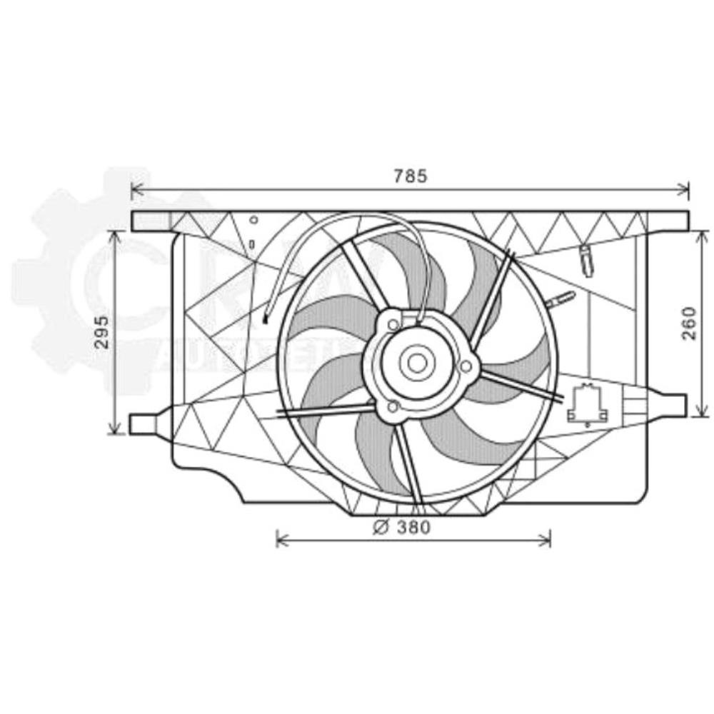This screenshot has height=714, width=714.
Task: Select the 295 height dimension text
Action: pos(103,332)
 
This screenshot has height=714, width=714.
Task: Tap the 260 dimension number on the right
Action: pos(688,323)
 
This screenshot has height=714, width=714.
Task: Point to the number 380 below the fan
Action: pos(414,528)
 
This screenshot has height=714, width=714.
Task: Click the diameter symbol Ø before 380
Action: pos(381,528)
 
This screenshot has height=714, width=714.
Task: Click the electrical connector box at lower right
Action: pos(587,405)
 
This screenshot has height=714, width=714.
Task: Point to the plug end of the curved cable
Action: pos(266,319)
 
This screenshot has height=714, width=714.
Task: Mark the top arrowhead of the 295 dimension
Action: pos(114,235)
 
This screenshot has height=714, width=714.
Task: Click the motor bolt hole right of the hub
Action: pos(466,366)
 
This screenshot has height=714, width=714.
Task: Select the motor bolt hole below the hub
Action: pos(391,407)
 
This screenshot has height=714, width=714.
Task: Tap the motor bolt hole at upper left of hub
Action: pos(393,325)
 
